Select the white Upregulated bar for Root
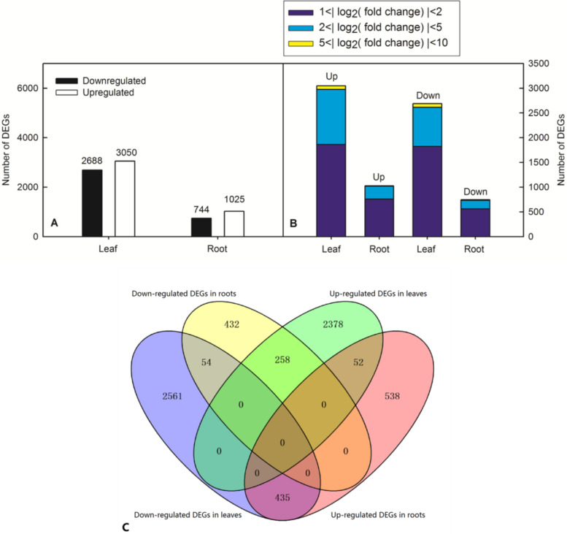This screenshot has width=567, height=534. [234, 224]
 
